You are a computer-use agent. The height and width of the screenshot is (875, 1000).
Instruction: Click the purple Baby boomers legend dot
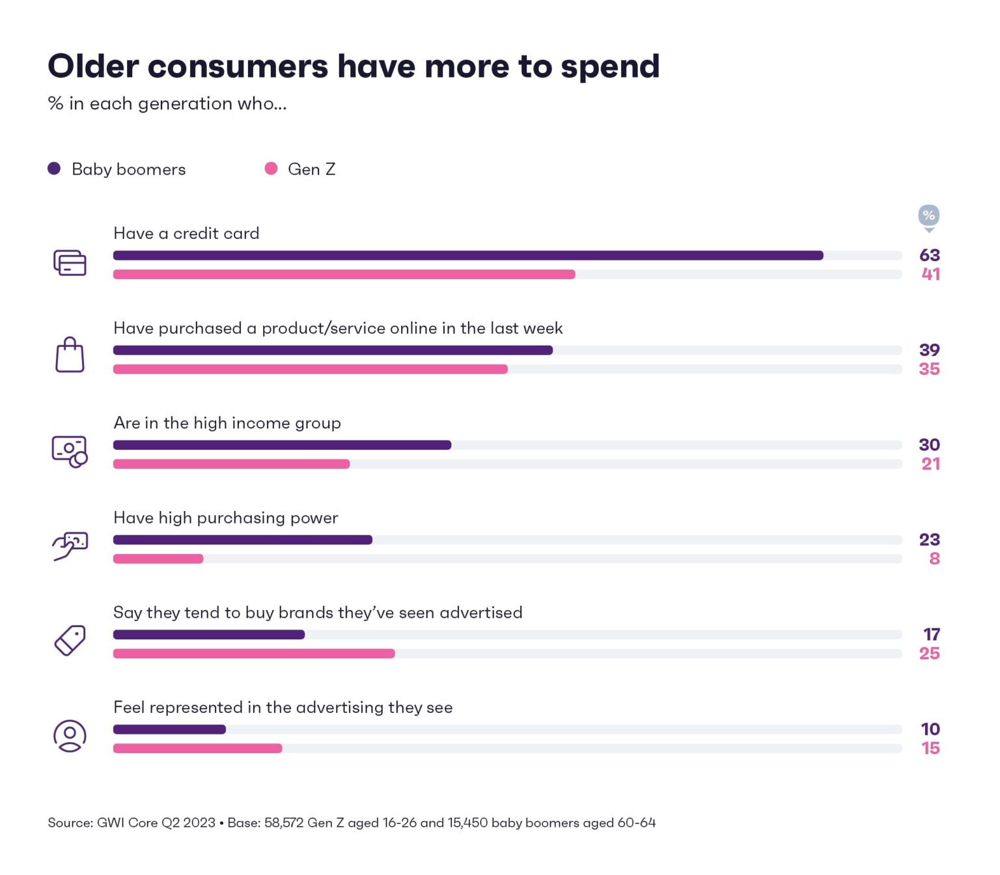[x=54, y=169]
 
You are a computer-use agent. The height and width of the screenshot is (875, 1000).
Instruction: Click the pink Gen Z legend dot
[x=271, y=169]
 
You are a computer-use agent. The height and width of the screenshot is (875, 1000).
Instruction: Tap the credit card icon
[x=70, y=263]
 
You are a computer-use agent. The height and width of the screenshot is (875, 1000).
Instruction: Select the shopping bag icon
[x=70, y=355]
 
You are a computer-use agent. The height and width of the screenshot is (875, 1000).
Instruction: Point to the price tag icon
[x=70, y=641]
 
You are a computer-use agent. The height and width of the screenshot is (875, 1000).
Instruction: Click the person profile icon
[x=70, y=736]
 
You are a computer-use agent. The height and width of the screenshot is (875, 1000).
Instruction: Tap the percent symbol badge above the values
[x=928, y=215]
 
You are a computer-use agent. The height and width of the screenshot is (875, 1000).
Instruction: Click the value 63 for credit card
[x=929, y=255]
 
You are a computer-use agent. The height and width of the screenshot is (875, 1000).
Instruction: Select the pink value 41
[x=930, y=274]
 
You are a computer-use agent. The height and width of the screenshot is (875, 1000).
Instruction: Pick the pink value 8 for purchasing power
[x=934, y=559]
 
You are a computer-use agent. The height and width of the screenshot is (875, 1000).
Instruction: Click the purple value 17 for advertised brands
[x=931, y=634]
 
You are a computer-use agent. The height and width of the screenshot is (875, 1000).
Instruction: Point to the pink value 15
[x=930, y=748]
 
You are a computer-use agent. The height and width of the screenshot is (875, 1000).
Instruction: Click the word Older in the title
[x=93, y=66]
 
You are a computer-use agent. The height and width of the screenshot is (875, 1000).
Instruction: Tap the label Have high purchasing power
[x=225, y=518]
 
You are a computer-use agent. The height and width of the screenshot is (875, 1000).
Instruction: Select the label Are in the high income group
[x=227, y=423]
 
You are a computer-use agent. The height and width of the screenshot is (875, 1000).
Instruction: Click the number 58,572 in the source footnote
[x=284, y=823]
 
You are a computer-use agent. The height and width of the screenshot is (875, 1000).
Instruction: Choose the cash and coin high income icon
[x=70, y=451]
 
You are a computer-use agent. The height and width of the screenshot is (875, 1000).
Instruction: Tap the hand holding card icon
[x=70, y=546]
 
